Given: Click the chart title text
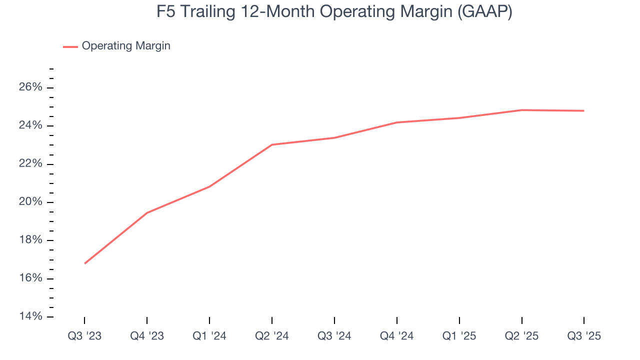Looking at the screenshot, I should tap(334, 12).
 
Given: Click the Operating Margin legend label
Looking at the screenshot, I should tap(126, 46).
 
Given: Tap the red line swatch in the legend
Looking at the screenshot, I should tap(70, 46).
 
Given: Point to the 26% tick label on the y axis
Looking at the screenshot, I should tap(31, 87).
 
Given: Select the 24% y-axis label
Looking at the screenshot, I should tap(31, 125).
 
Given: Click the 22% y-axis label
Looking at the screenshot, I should tap(31, 164).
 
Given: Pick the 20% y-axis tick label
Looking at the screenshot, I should tap(31, 202).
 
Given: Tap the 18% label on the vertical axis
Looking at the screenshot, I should tap(31, 240).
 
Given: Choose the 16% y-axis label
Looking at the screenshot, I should tap(31, 278).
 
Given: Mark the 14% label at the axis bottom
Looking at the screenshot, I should tap(31, 316).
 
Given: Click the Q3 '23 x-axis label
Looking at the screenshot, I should tap(84, 336).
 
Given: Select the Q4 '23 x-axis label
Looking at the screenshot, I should tap(147, 336).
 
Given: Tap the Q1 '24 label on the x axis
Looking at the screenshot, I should tap(209, 336).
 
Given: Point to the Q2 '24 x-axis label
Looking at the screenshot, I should tap(271, 336).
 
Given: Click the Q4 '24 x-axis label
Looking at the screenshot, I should tap(396, 336).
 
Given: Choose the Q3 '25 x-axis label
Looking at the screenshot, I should tap(584, 336).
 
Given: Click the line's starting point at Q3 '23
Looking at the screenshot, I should tap(84, 263).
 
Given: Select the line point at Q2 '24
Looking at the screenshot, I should tap(271, 144).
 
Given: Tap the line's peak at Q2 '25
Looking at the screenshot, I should tap(521, 110).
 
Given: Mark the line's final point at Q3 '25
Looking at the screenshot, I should tap(584, 110).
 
